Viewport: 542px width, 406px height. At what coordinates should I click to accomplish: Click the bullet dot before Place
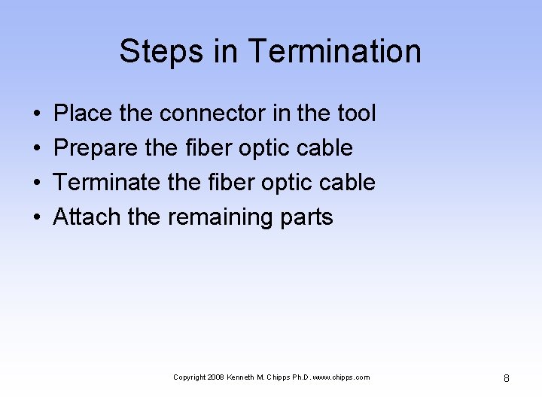pyautogui.click(x=37, y=114)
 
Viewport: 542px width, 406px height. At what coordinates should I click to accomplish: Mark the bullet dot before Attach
pyautogui.click(x=37, y=218)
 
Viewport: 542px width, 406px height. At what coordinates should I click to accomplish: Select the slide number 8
pyautogui.click(x=506, y=378)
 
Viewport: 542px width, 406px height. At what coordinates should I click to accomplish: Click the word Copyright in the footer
pyautogui.click(x=188, y=377)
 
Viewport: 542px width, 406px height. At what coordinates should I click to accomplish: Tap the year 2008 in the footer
pyautogui.click(x=215, y=377)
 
